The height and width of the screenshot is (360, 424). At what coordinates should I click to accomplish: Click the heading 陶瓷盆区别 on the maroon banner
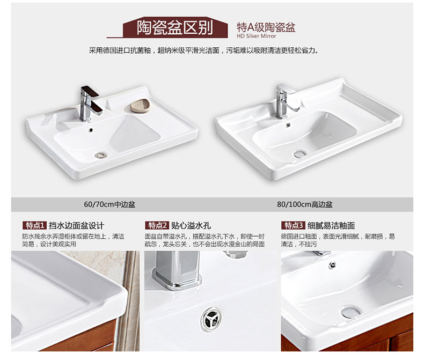tap(174, 27)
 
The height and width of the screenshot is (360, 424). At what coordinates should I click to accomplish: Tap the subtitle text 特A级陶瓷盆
tap(266, 27)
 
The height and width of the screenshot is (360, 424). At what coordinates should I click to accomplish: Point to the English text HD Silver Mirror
tap(257, 36)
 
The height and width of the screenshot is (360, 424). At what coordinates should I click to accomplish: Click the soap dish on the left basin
tap(140, 106)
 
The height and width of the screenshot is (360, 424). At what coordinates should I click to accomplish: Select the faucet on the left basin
tap(90, 104)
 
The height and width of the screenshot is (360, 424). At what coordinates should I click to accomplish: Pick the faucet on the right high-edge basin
tap(287, 101)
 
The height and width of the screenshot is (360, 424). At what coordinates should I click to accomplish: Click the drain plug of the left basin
tap(101, 155)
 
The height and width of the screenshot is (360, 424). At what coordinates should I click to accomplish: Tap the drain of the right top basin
tap(300, 155)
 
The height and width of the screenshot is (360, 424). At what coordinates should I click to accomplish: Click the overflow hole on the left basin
tap(91, 130)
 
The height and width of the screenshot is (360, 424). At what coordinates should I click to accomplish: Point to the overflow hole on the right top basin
tap(288, 124)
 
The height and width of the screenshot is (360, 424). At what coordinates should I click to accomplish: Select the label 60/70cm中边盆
tap(109, 204)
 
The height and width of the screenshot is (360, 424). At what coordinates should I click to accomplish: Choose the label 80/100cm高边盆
tap(304, 204)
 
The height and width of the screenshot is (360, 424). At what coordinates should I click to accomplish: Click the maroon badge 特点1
tap(34, 225)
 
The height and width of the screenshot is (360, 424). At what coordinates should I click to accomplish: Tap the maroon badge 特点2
tap(157, 225)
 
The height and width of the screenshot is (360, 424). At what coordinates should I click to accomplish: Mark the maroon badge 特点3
tap(293, 225)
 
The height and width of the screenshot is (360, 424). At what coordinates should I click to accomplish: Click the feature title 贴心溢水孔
tap(191, 226)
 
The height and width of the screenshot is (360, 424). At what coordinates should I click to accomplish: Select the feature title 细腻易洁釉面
tap(331, 226)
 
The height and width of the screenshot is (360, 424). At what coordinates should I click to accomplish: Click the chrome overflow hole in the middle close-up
tap(211, 319)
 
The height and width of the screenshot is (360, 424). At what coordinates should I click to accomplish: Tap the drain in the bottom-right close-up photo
tap(350, 312)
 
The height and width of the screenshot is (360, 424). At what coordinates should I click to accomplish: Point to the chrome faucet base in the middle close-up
tap(177, 281)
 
